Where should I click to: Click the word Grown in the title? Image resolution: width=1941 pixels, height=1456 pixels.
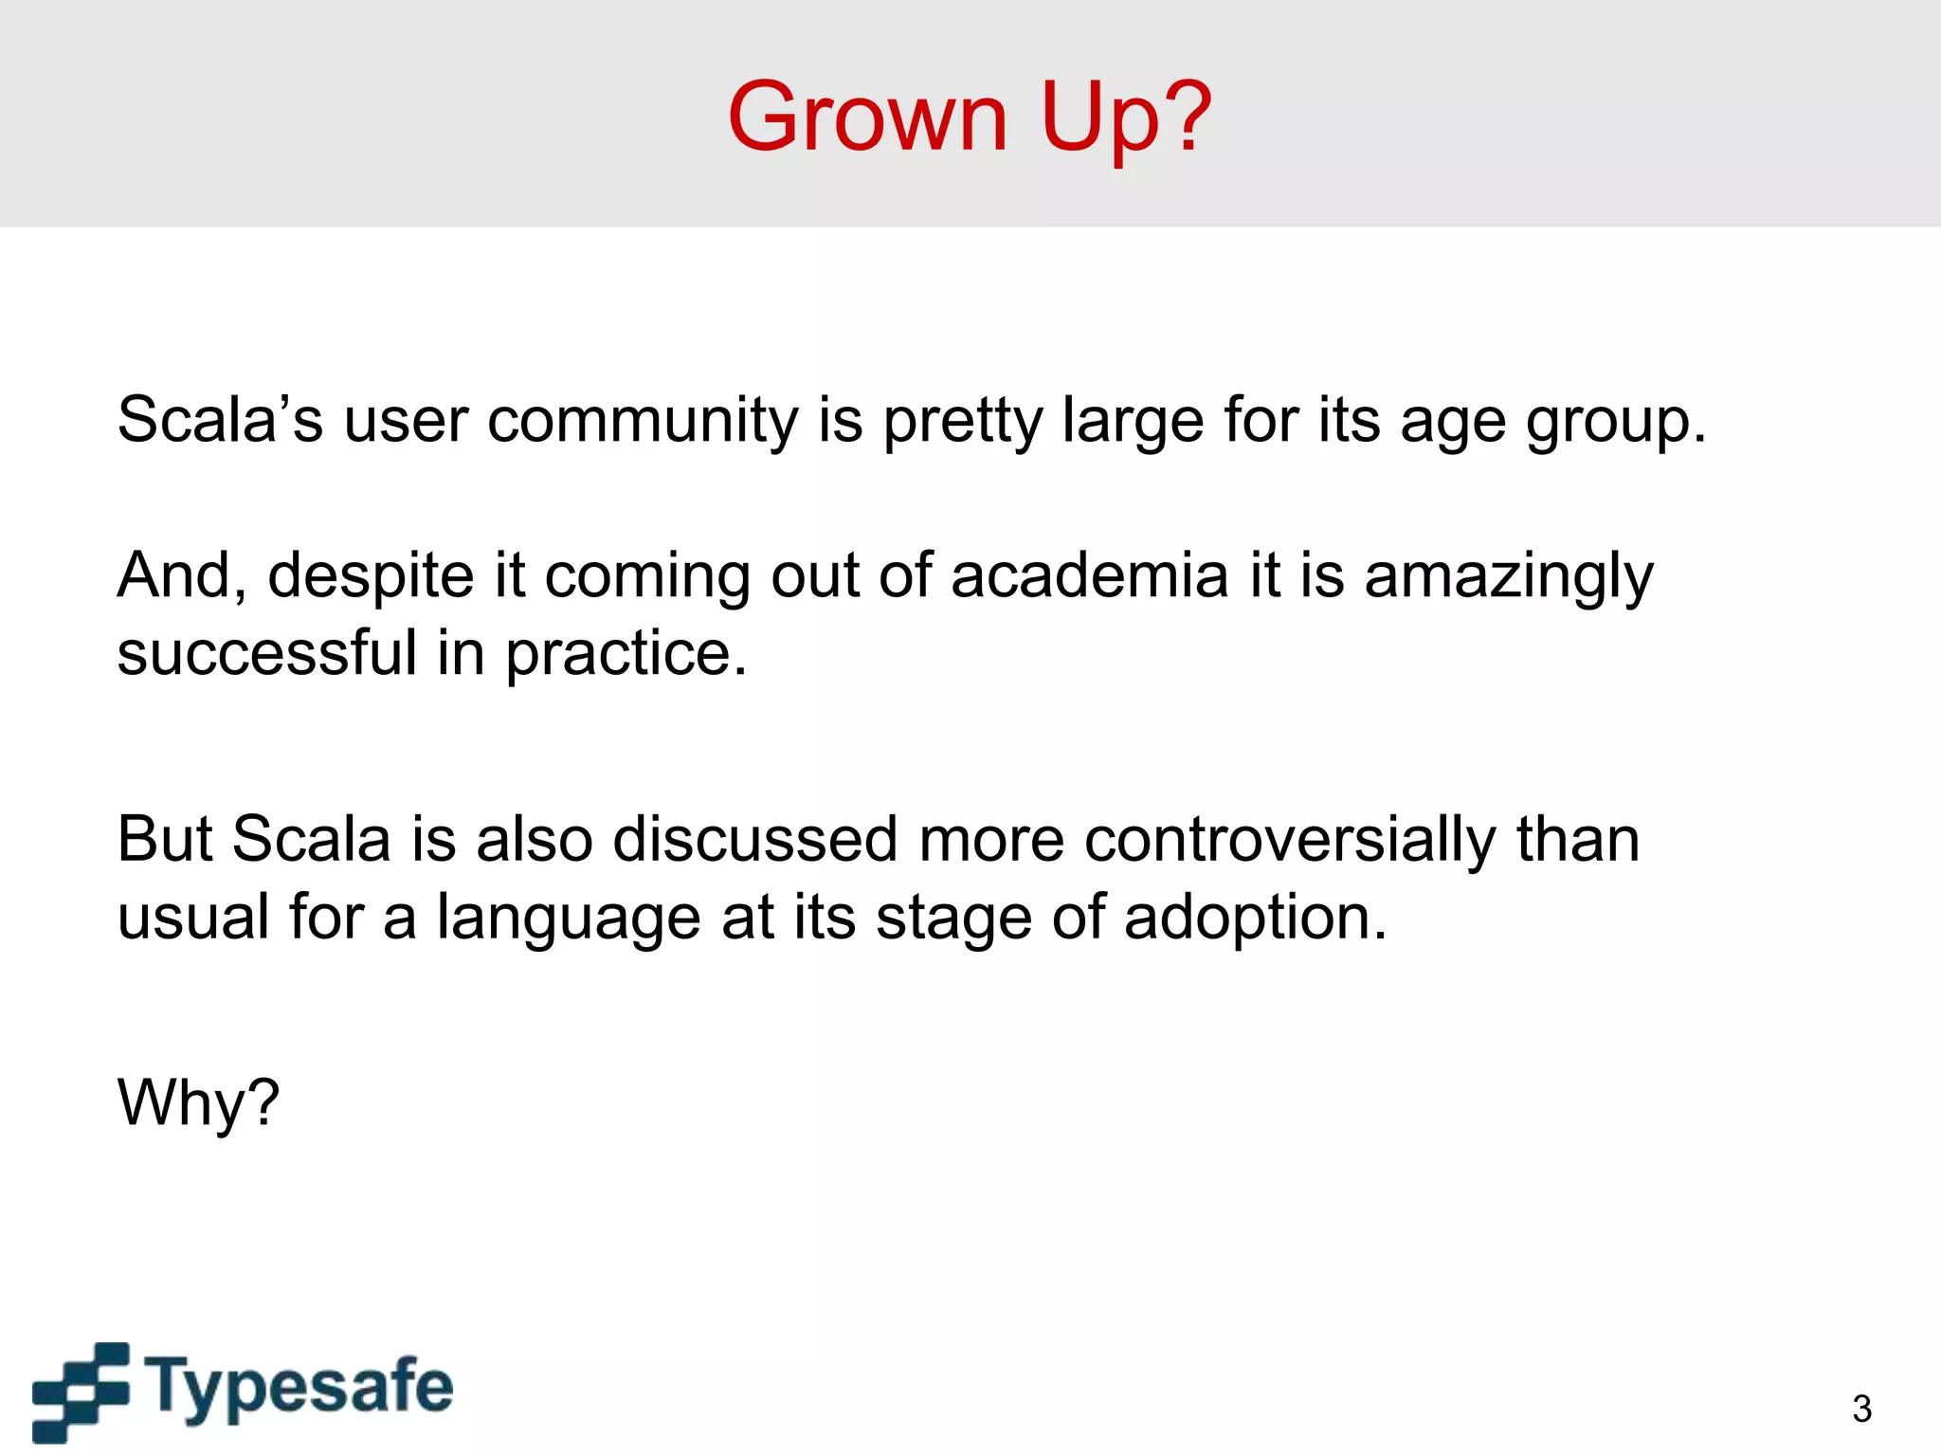tap(867, 118)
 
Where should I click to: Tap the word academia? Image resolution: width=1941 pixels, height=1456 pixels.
tap(1089, 575)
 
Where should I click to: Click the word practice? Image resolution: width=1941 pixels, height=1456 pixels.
tap(625, 655)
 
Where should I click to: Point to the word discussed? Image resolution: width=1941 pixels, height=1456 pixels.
tap(754, 839)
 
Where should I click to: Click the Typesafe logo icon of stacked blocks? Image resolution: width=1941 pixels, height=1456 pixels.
tap(81, 1391)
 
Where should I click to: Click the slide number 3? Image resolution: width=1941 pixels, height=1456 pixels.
tap(1861, 1409)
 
